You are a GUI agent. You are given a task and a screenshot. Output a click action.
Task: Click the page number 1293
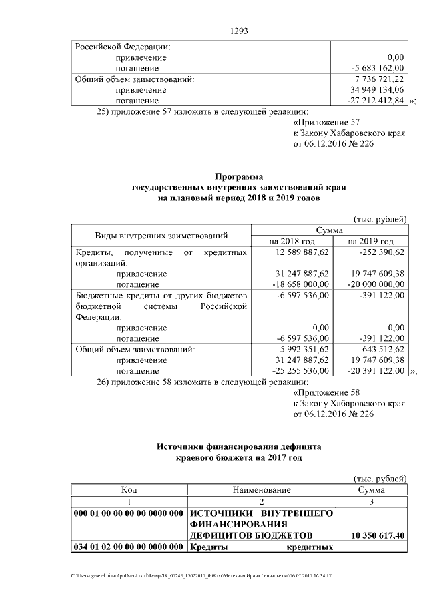[x=239, y=31]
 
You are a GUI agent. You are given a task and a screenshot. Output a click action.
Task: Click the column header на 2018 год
[x=292, y=241]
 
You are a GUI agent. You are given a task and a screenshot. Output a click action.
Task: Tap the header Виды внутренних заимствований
[x=161, y=235]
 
